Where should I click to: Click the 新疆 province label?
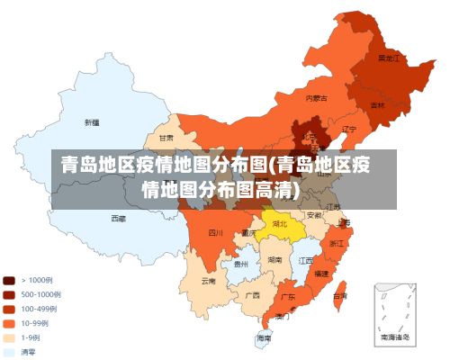[92, 121]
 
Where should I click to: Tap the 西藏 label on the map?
[119, 218]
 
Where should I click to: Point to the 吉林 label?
[377, 104]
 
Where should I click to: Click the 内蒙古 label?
[316, 97]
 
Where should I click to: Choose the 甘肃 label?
[166, 139]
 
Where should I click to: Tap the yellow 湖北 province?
[280, 223]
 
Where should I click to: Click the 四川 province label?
[215, 232]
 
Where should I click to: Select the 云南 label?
[208, 281]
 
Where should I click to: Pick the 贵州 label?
[240, 264]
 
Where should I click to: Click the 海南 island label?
[263, 338]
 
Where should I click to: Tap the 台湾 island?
[339, 295]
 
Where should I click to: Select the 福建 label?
[321, 272]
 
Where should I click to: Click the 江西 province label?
[306, 260]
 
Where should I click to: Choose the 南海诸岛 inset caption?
[394, 337]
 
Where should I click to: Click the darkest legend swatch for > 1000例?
[8, 280]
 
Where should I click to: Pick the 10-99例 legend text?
[34, 323]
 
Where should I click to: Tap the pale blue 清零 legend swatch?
[8, 352]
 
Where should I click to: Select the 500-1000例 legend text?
[40, 294]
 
